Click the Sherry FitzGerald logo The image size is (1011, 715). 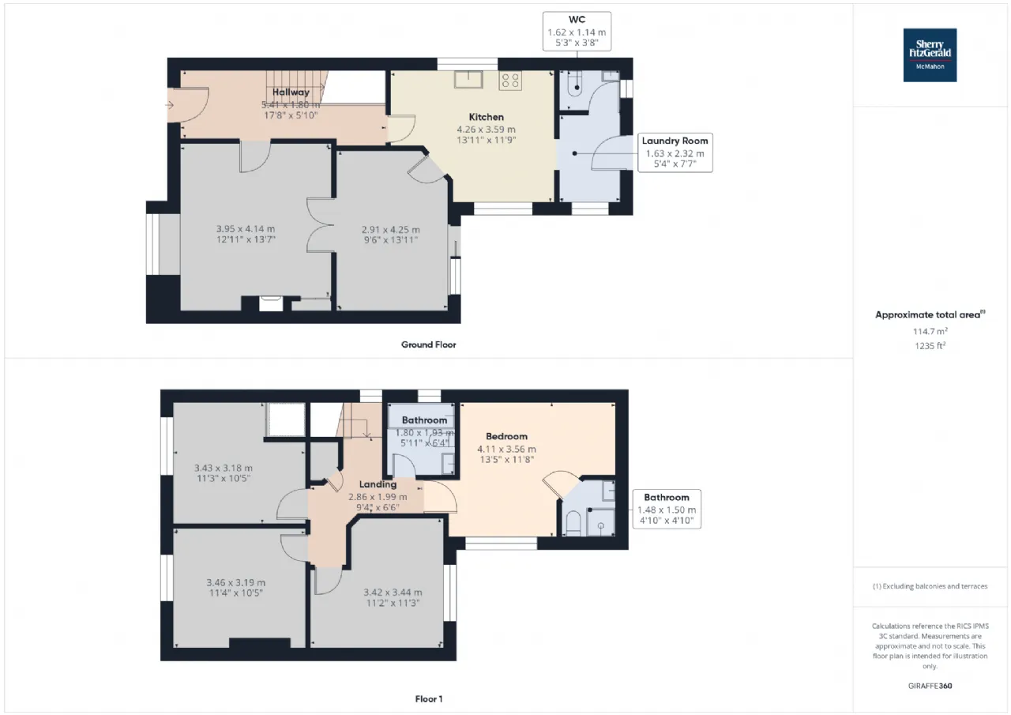click(x=930, y=55)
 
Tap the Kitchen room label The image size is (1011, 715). click(x=486, y=117)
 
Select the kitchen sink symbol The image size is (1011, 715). click(x=468, y=80)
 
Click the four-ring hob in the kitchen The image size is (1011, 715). click(x=510, y=81)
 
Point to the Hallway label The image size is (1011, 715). click(x=291, y=92)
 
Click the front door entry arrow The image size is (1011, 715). click(x=169, y=105)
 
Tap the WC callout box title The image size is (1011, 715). click(x=577, y=20)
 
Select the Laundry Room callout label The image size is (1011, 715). click(x=675, y=141)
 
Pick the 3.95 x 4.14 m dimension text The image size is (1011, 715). click(x=246, y=229)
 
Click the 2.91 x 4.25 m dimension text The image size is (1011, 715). click(x=390, y=229)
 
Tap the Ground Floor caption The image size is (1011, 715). click(x=428, y=344)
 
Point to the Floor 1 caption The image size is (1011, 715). click(x=429, y=698)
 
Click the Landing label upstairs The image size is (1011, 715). click(x=378, y=484)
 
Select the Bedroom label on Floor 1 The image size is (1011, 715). click(x=506, y=436)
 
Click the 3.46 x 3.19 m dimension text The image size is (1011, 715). click(x=235, y=582)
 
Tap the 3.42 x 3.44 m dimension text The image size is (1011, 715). click(x=393, y=593)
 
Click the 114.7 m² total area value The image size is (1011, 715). click(x=930, y=331)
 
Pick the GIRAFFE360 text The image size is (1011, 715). click(x=930, y=686)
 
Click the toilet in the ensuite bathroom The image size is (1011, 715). click(x=573, y=523)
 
